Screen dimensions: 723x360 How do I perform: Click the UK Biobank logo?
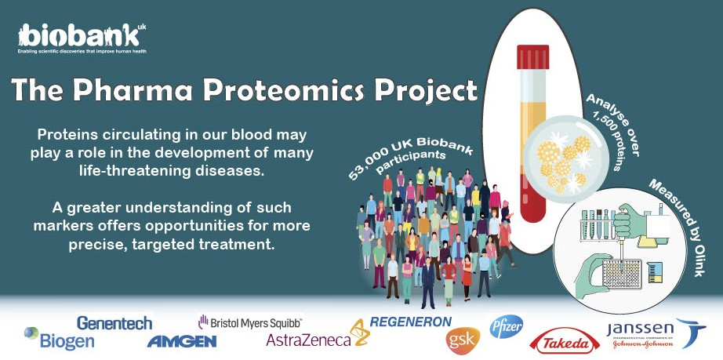(82, 38)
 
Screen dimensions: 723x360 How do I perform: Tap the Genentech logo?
(114, 322)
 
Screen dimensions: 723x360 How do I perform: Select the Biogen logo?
(60, 340)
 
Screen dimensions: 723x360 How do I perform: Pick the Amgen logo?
(182, 341)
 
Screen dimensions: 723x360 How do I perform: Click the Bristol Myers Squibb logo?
(250, 322)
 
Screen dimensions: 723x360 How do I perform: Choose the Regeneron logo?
(411, 322)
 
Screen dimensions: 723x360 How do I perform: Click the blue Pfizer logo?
(507, 326)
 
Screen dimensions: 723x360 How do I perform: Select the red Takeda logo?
(565, 344)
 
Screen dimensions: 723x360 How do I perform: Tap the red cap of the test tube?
(532, 56)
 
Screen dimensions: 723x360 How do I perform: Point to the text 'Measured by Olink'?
(678, 227)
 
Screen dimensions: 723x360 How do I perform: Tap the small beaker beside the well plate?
(654, 272)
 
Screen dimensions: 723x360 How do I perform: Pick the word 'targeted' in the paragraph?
(162, 244)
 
